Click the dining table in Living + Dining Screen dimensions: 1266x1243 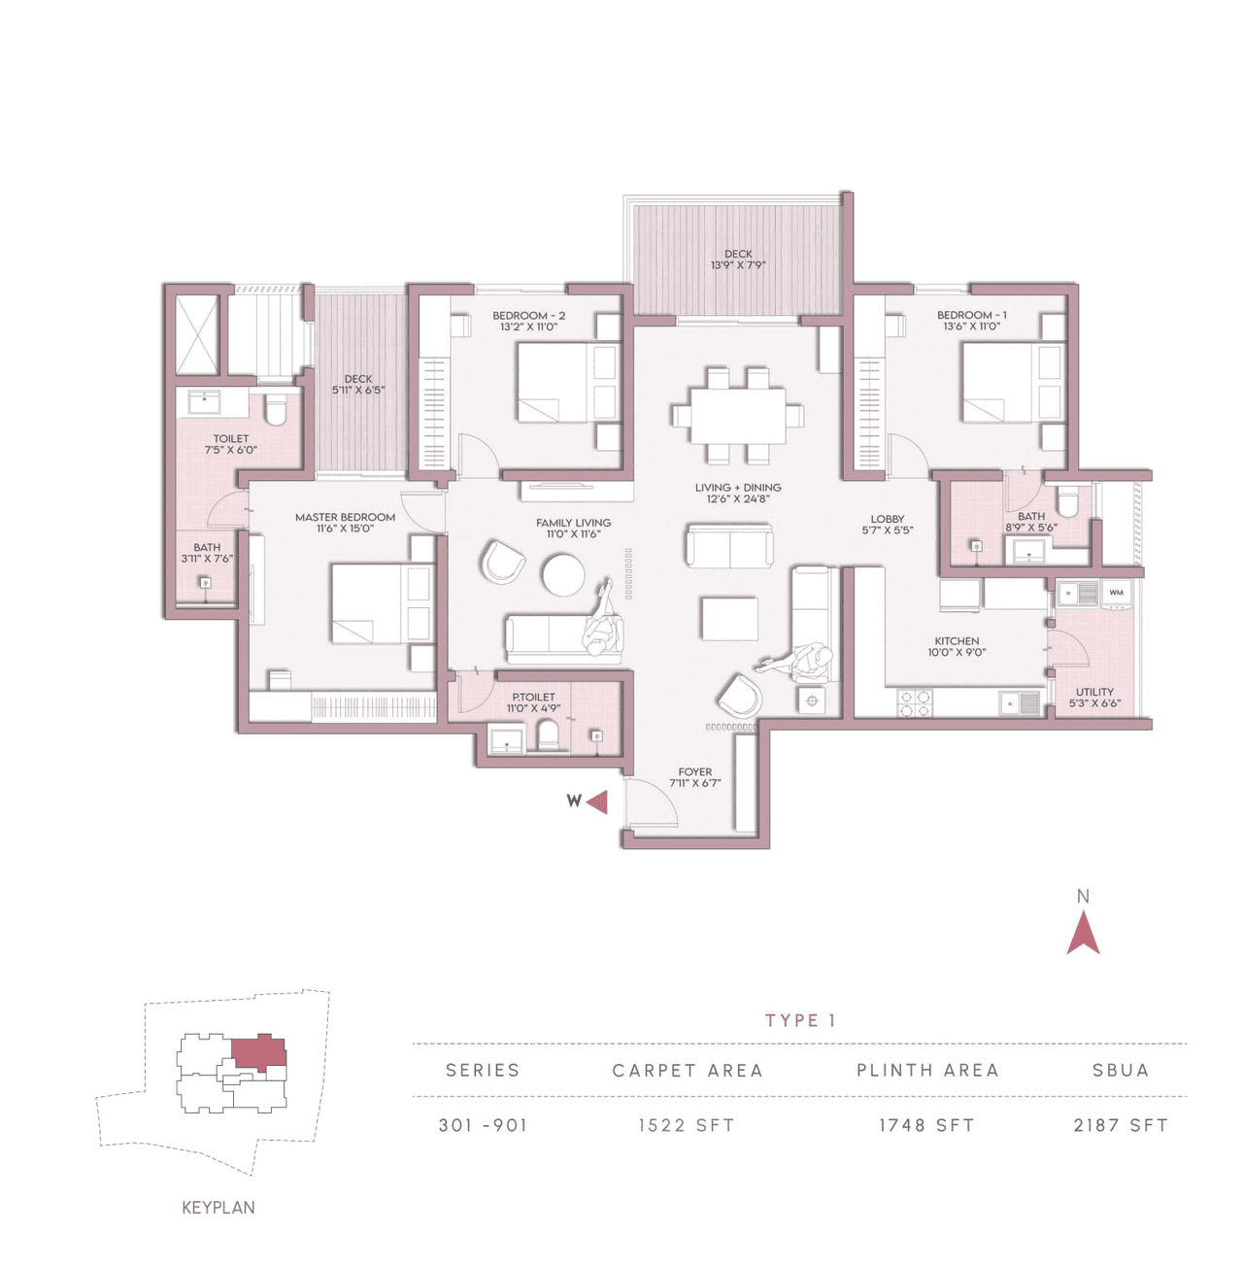[x=737, y=416]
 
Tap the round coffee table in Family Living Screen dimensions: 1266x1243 [x=563, y=574]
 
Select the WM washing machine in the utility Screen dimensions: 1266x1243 [x=1116, y=592]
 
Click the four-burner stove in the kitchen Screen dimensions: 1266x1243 [x=913, y=702]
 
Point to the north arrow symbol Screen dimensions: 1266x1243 [x=1083, y=935]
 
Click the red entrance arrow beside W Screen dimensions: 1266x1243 [x=598, y=802]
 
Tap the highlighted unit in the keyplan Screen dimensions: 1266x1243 [x=257, y=1053]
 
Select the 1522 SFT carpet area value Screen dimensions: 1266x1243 [x=686, y=1125]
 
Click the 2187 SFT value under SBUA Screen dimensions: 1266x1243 [x=1121, y=1125]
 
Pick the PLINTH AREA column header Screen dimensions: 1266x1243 [x=927, y=1070]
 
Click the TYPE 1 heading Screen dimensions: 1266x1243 [x=800, y=1020]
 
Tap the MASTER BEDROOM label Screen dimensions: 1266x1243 [x=345, y=517]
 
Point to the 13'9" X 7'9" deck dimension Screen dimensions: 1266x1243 [x=738, y=265]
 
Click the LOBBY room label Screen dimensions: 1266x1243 [x=887, y=519]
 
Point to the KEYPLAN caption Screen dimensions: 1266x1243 [x=218, y=1208]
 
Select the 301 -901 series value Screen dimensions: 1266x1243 [x=483, y=1125]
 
